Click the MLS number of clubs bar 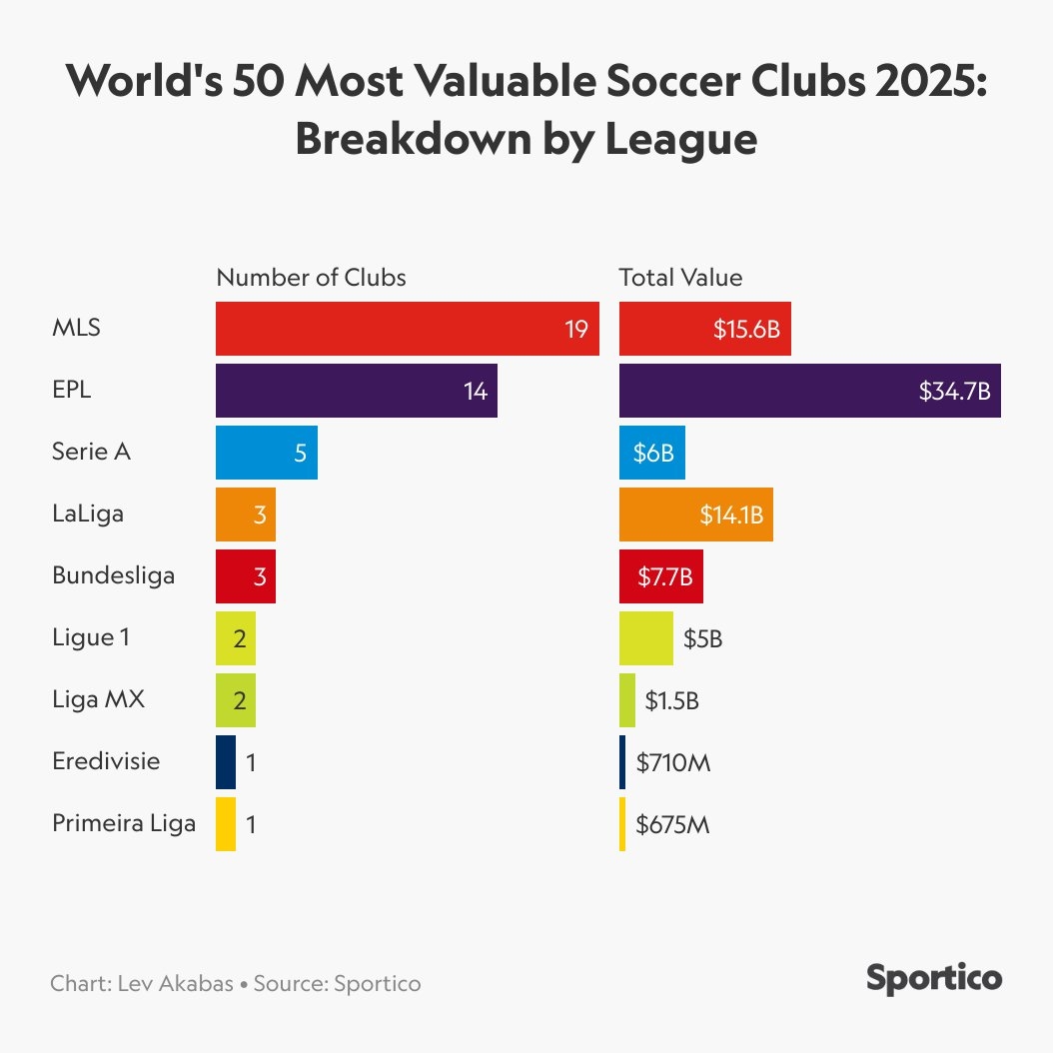(400, 329)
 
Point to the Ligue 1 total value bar (645, 638)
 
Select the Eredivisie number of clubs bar (226, 762)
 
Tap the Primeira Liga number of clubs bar (226, 824)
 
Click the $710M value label (672, 763)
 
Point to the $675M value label (672, 825)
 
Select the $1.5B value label (671, 701)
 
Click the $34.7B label (954, 391)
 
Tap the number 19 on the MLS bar (576, 329)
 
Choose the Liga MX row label (98, 699)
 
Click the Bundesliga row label (113, 575)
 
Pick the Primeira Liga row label (124, 824)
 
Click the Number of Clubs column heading (311, 277)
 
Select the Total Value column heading (680, 277)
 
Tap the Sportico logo (933, 978)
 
